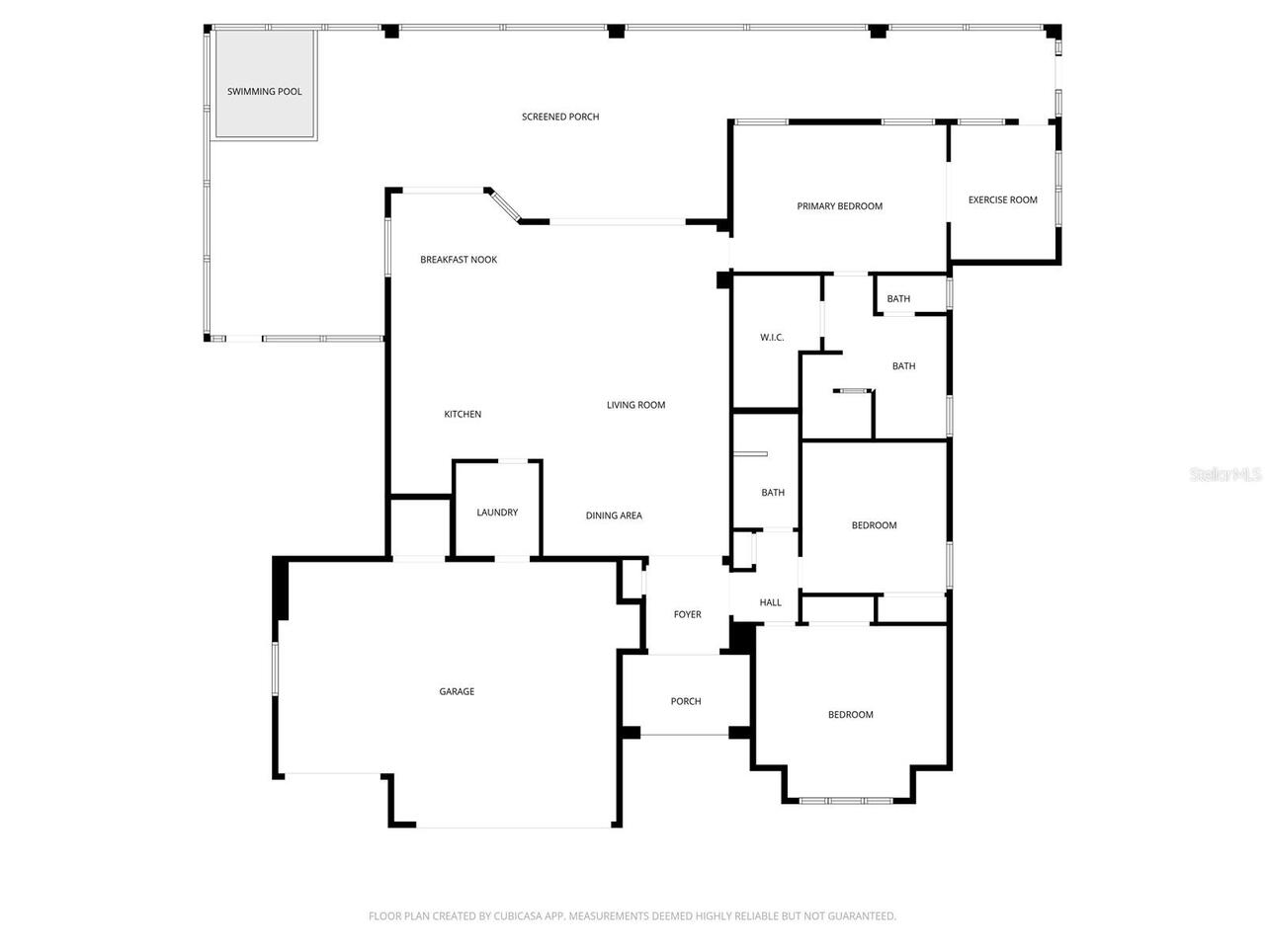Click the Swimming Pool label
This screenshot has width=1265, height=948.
264,92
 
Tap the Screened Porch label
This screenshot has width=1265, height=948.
560,117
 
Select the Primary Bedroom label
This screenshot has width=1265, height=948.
839,206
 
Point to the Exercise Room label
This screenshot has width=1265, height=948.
1002,199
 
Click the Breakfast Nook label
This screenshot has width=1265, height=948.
459,260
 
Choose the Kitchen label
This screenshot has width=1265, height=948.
463,415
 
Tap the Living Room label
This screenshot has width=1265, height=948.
635,405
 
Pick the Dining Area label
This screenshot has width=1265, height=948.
614,515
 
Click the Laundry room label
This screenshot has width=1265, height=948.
497,513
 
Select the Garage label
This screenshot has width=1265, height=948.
457,692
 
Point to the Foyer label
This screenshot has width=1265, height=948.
687,614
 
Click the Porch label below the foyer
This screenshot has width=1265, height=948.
686,701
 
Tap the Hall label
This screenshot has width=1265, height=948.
770,602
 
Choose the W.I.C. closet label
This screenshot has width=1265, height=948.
772,338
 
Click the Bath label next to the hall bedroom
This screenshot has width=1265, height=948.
773,493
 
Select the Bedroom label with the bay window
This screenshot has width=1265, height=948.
850,715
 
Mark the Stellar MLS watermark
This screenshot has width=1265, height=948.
1224,475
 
